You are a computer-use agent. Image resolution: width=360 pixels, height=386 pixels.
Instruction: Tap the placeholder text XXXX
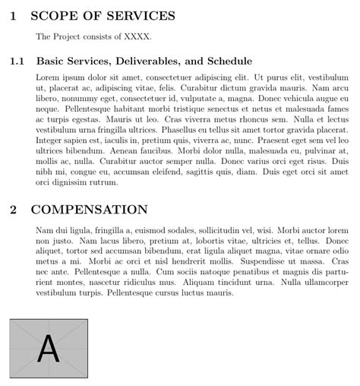point(139,36)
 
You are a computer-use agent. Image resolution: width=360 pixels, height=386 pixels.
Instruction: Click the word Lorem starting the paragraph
point(48,78)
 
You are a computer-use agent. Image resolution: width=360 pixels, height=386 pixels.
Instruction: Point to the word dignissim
point(69,183)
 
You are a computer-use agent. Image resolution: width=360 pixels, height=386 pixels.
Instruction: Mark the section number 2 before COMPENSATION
point(14,209)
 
